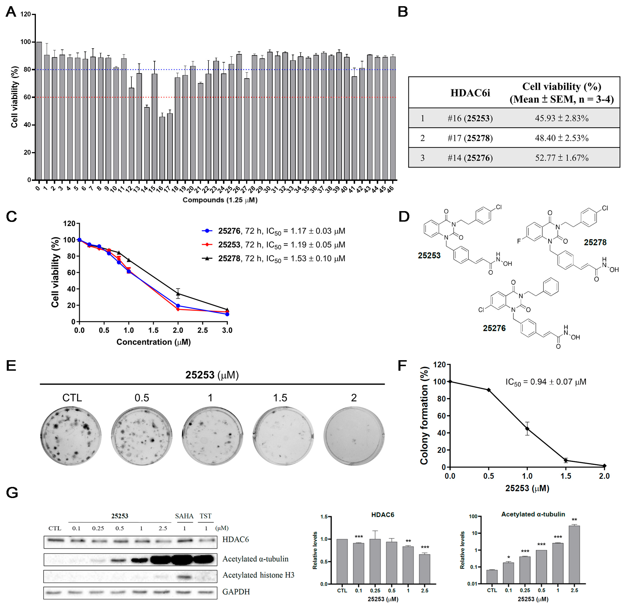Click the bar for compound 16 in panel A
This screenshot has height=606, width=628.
pos(162,148)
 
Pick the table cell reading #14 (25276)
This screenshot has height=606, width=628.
pos(470,158)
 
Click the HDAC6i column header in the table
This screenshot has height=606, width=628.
pos(470,93)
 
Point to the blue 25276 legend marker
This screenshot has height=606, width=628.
pos(207,231)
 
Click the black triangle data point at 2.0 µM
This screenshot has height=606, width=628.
pos(178,294)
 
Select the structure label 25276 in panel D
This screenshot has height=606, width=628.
pos(494,328)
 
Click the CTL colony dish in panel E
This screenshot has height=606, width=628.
pos(71,436)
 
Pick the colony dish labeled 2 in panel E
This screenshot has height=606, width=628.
pos(354,436)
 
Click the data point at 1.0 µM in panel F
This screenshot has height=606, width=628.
pos(527,429)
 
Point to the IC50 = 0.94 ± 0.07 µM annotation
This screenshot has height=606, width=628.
pos(546,382)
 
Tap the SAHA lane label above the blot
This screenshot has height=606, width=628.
pos(184,516)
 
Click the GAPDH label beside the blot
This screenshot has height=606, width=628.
pos(236,592)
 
